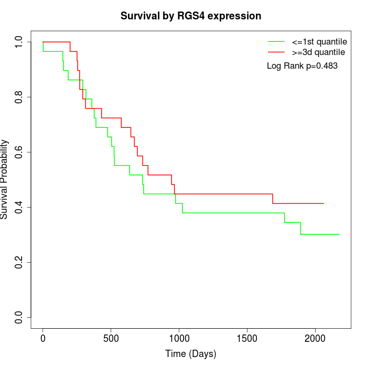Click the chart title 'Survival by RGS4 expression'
191,16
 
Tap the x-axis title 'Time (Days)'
191,354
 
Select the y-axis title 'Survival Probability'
5,179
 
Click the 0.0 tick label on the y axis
19,317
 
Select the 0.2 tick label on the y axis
19,262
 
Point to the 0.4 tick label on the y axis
19,207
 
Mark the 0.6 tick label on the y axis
19,152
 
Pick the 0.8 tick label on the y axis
19,97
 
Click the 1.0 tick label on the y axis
19,42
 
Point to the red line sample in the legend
276,52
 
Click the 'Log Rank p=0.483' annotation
302,66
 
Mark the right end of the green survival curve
339,234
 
